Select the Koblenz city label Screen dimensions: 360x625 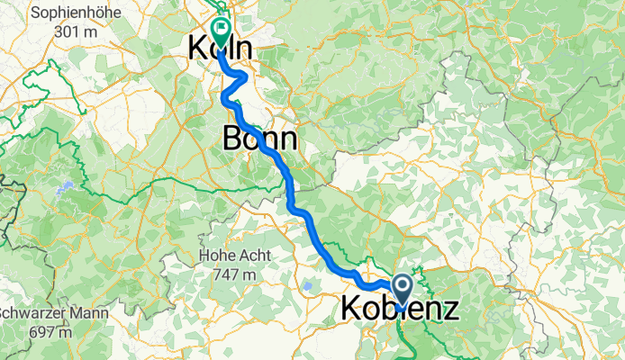click(x=400, y=309)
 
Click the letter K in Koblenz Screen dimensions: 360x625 click(x=352, y=309)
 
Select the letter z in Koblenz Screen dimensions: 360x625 click(x=448, y=309)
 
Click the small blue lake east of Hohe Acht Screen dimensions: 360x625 click(x=310, y=287)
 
